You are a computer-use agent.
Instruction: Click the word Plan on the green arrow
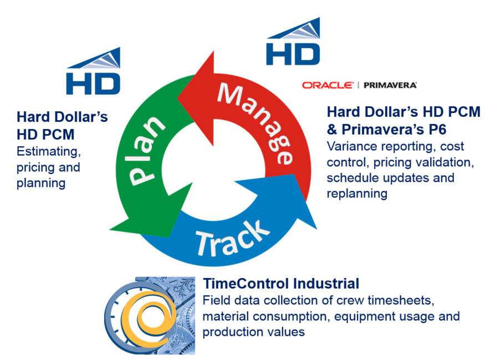(146, 151)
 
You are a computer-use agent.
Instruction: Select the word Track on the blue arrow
(232, 238)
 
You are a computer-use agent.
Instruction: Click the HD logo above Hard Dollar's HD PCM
(93, 71)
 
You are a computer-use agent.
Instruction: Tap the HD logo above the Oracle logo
(293, 42)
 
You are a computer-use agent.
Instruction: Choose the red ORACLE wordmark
(328, 85)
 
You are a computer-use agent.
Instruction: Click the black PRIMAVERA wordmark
(390, 85)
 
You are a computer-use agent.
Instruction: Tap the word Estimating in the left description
(49, 151)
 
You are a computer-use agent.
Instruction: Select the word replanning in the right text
(357, 193)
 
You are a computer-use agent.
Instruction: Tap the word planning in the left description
(41, 183)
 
